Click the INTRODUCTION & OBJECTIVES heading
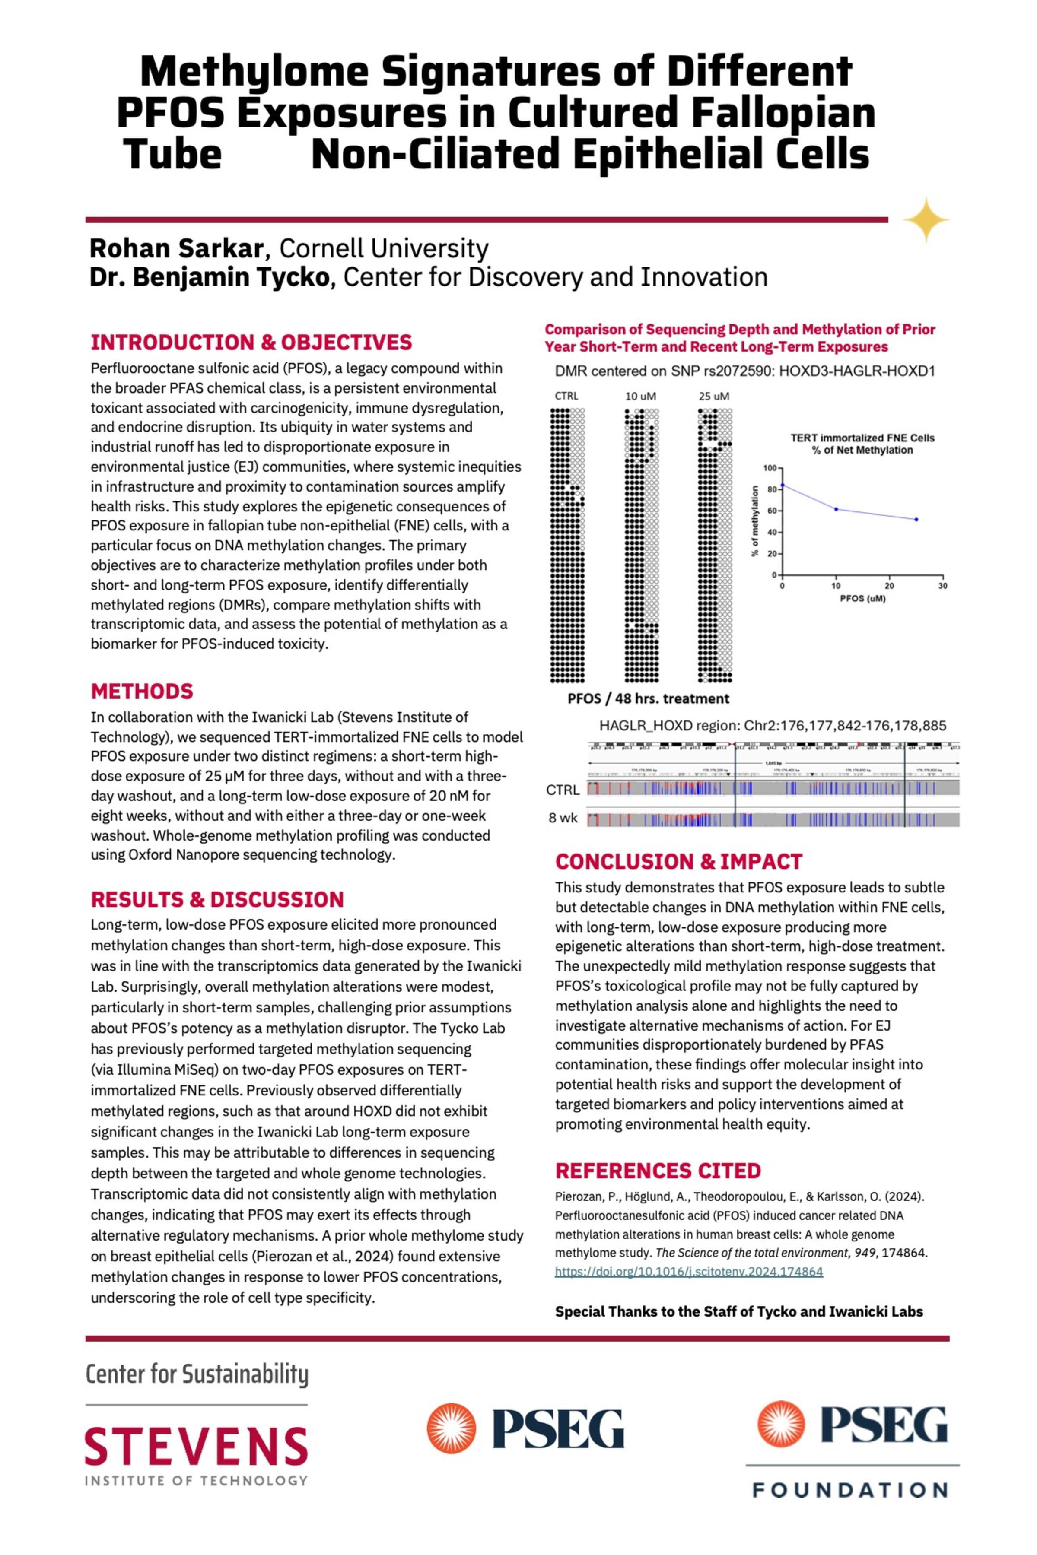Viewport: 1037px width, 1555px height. click(x=251, y=343)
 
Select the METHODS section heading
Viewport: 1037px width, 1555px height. click(x=142, y=692)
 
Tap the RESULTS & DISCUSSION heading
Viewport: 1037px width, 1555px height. click(x=217, y=899)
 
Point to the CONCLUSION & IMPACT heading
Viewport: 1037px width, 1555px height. click(x=678, y=861)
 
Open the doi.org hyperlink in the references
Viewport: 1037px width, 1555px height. click(x=688, y=1271)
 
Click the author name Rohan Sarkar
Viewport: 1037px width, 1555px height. click(x=177, y=249)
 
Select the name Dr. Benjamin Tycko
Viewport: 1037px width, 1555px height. click(x=210, y=277)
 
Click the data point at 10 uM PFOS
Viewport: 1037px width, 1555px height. click(x=836, y=509)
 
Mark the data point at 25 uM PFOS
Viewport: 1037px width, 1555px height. click(x=916, y=520)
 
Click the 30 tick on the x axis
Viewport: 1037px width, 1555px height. click(x=942, y=586)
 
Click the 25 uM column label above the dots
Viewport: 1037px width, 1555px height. click(x=714, y=396)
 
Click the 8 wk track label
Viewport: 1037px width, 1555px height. click(x=563, y=818)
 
